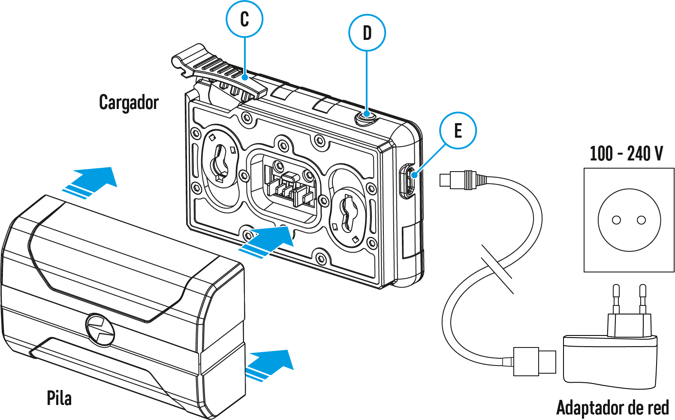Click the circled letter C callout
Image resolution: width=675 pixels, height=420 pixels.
244,19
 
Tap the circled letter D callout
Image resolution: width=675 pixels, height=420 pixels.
367,33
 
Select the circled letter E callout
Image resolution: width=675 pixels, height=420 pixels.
458,130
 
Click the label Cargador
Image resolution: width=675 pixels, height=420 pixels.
129,103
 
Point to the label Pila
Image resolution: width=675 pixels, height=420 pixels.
59,398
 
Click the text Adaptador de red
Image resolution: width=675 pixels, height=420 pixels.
612,408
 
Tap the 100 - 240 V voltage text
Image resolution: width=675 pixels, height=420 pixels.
626,154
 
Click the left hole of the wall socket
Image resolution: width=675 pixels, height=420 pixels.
616,220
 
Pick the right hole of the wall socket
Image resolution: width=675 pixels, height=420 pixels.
642,220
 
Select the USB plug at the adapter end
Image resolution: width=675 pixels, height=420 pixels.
534,361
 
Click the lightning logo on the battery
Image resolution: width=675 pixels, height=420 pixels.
100,329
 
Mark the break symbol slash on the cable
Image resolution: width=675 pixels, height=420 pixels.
497,269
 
